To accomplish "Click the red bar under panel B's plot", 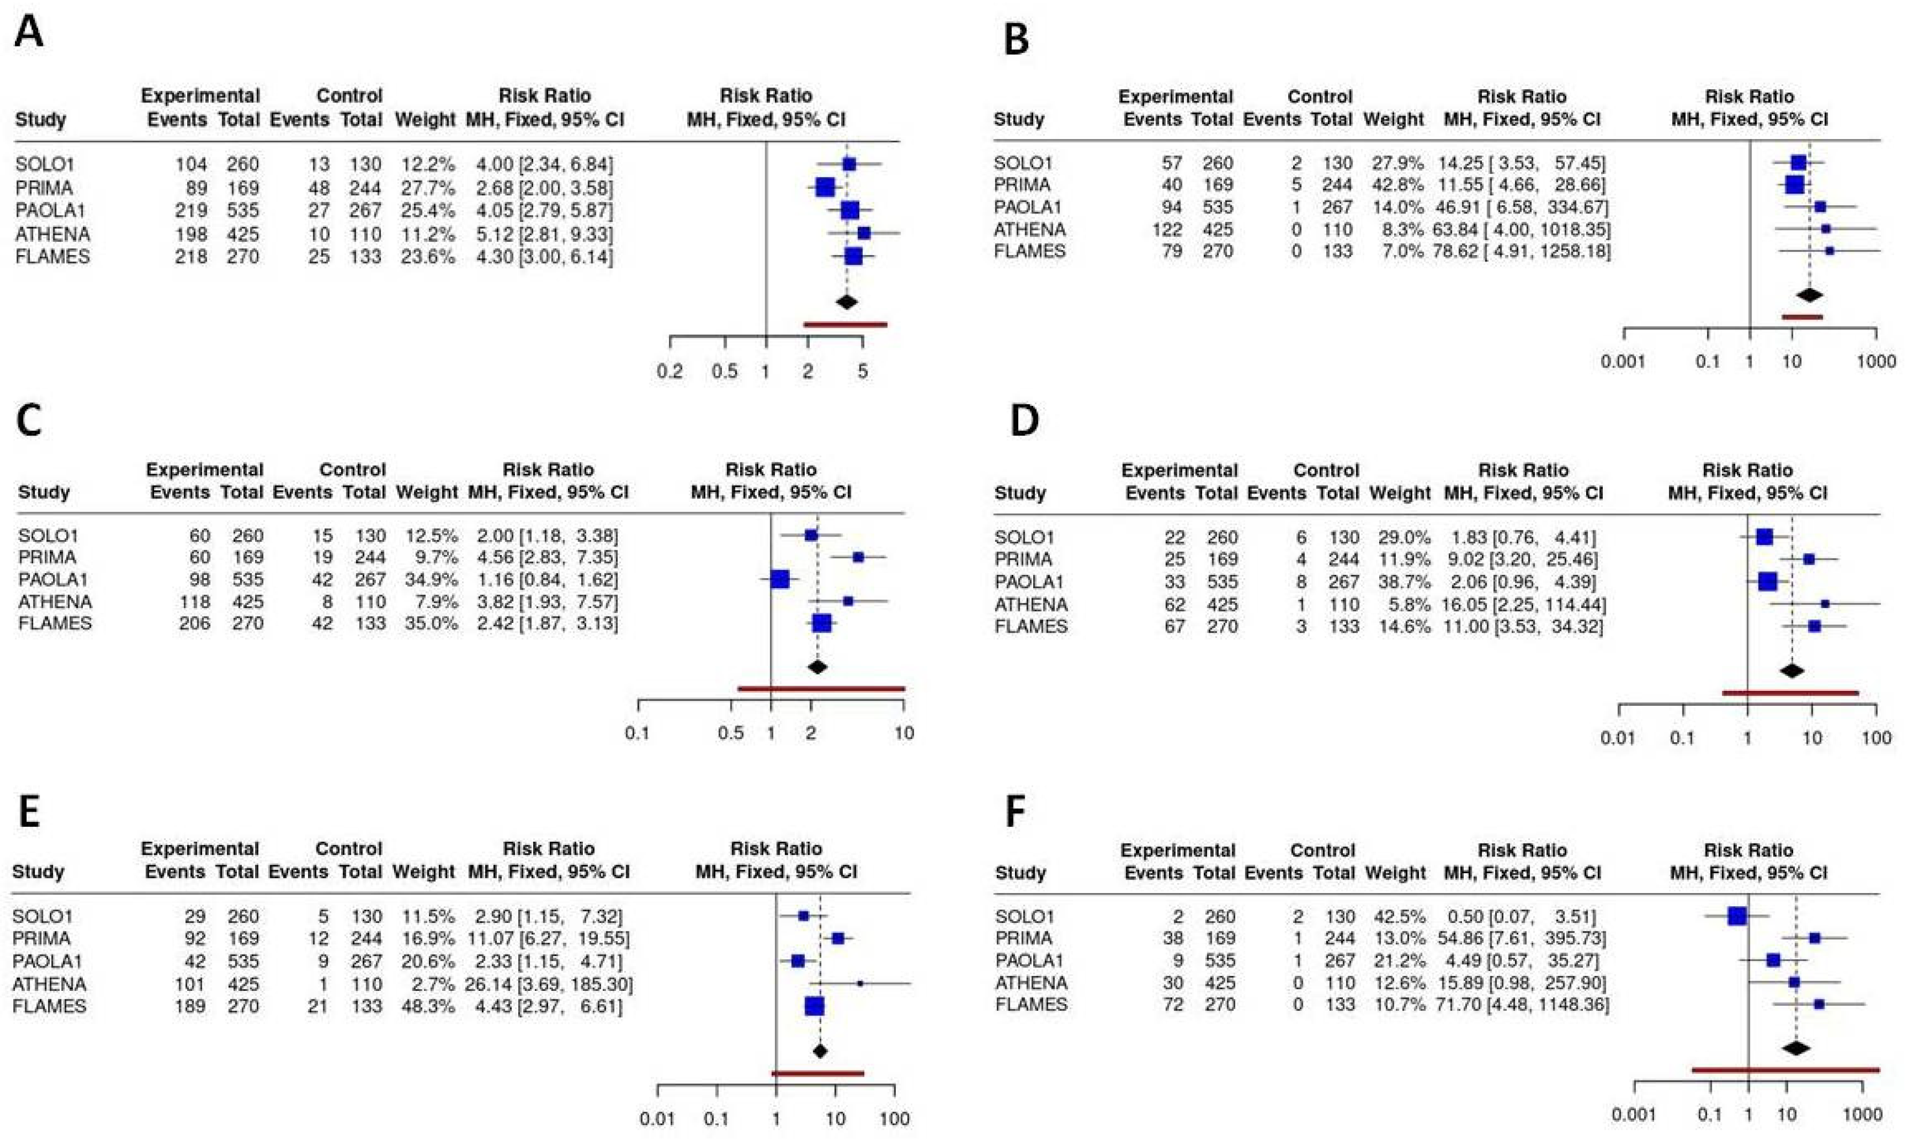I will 1801,316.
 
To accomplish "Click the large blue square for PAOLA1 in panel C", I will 780,580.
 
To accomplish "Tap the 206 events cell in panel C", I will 194,623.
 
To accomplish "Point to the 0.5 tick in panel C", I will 730,733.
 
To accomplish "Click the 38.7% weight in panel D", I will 1400,582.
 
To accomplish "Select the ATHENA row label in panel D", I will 1031,604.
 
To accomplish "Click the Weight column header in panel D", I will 1399,492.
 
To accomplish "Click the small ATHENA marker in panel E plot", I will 859,983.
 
